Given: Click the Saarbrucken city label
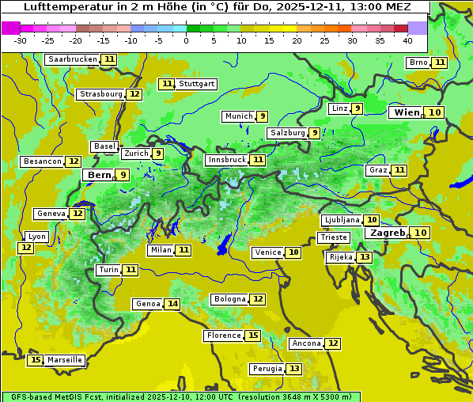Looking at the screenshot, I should point(72,59).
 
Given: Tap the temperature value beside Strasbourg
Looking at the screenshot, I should point(134,94).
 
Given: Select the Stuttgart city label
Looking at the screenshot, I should point(196,84).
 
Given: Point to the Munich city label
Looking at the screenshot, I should point(238,116).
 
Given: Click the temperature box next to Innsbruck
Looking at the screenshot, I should point(258,160).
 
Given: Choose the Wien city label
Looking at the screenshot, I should point(407,112).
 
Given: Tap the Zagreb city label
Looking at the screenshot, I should point(388,233).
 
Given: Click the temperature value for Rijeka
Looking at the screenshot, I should point(364,257).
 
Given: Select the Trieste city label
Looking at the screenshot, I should point(333,237).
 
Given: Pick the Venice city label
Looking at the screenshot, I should point(267,252).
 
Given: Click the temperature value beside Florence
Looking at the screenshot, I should point(253,336).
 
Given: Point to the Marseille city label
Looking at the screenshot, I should point(64,360).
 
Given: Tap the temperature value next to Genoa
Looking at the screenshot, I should point(172,304).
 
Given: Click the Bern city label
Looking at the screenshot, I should point(99,175).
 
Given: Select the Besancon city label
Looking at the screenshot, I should point(42,161).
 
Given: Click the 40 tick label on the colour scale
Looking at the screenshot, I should point(407,40).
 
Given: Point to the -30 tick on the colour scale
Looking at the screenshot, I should point(21,40).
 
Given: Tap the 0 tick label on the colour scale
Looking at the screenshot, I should point(186,40).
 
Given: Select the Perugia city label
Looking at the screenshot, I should point(267,369).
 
